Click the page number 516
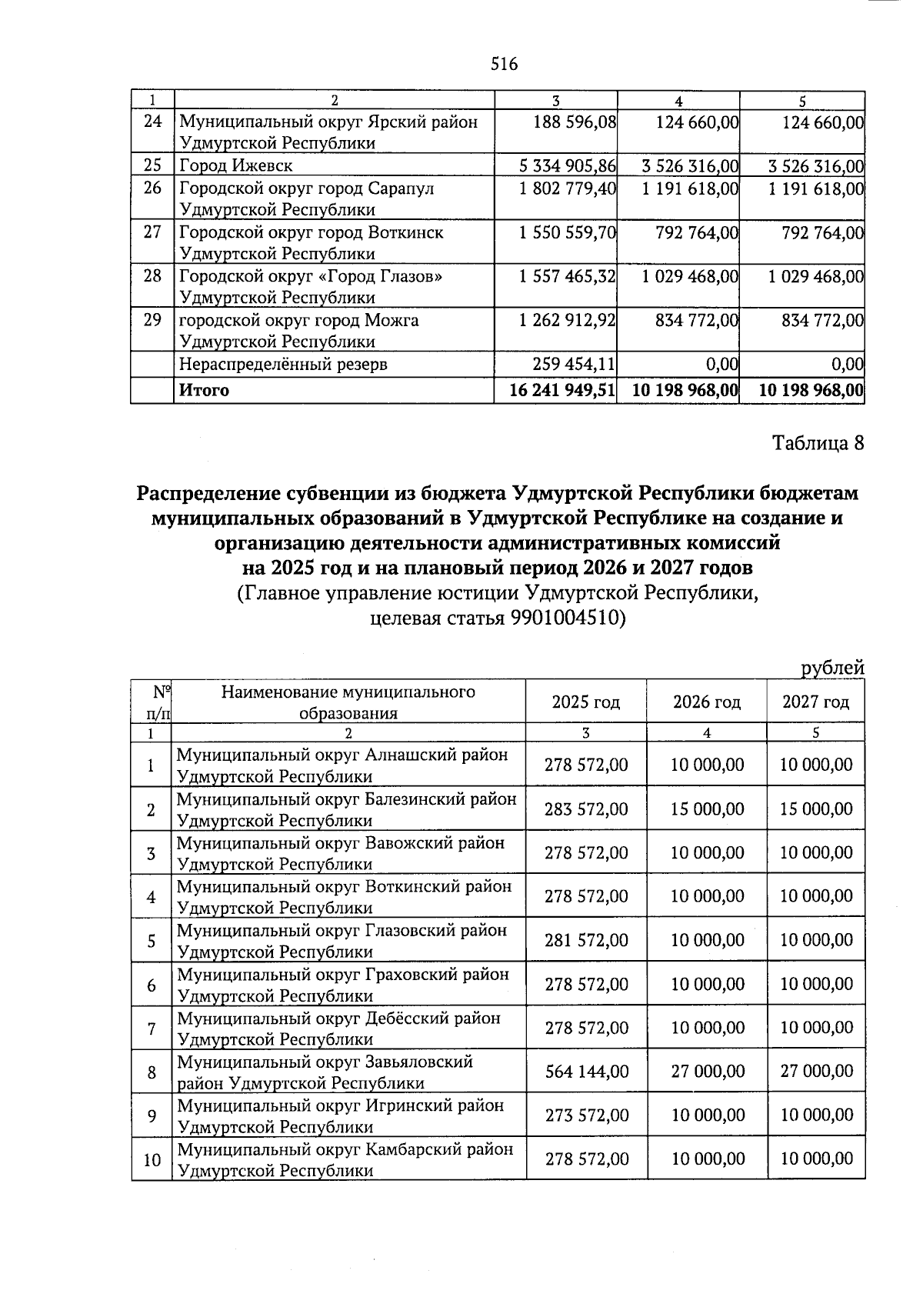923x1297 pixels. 505,65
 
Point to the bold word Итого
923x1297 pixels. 204,391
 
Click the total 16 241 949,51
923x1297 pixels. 562,391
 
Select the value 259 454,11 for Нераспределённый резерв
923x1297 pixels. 575,365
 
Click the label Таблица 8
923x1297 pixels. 818,444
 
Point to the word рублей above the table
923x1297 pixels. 832,669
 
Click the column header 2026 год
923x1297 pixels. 706,702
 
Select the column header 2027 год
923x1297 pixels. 815,702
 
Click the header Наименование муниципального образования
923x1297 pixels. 348,702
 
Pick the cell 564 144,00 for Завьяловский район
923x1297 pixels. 586,1072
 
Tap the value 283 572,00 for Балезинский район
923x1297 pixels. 586,809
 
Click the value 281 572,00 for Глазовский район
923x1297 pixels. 586,940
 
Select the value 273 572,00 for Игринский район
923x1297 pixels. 586,1115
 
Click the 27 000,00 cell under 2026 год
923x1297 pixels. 708,1072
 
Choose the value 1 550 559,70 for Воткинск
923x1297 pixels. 568,232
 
